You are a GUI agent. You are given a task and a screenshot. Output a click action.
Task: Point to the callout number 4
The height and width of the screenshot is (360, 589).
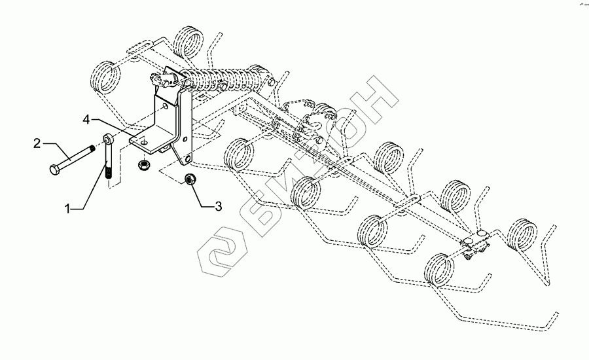coord(86,119)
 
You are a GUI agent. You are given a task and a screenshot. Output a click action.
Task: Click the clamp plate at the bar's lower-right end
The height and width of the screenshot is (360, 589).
coord(477,245)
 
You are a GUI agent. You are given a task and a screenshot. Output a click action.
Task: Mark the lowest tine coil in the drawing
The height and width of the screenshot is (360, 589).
coord(438,268)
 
